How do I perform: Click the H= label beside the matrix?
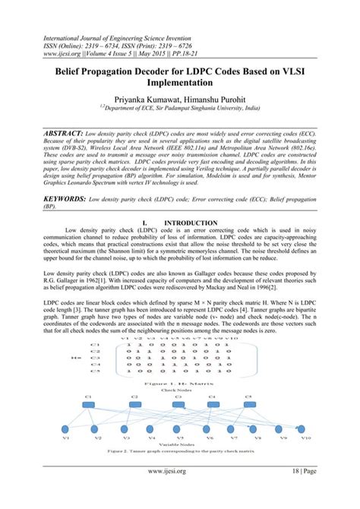tap(75, 358)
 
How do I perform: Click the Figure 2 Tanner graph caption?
tap(179, 453)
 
